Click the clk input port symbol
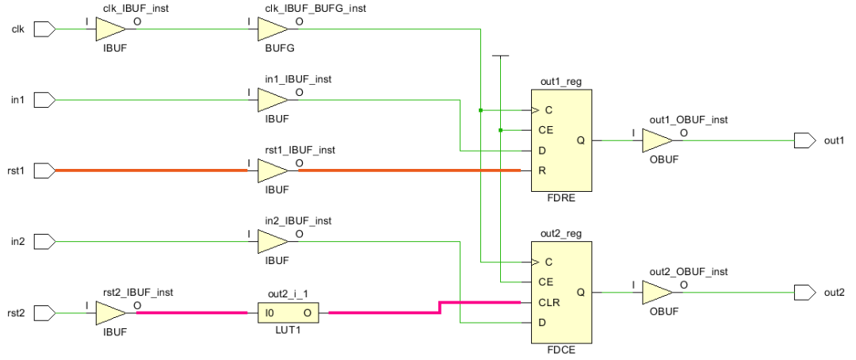click(46, 30)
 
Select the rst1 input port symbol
click(46, 170)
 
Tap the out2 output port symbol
click(804, 292)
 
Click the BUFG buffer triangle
click(272, 30)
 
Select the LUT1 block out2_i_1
click(288, 312)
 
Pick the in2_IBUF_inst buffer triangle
click(272, 241)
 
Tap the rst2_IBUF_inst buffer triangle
click(110, 312)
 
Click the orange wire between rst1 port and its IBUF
click(151, 170)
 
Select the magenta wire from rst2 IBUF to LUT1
click(190, 312)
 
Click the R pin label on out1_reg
click(541, 170)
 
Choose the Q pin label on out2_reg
click(581, 292)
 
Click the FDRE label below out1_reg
click(560, 198)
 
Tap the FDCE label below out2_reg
click(560, 350)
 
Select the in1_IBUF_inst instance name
click(298, 79)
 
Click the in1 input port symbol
click(46, 100)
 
